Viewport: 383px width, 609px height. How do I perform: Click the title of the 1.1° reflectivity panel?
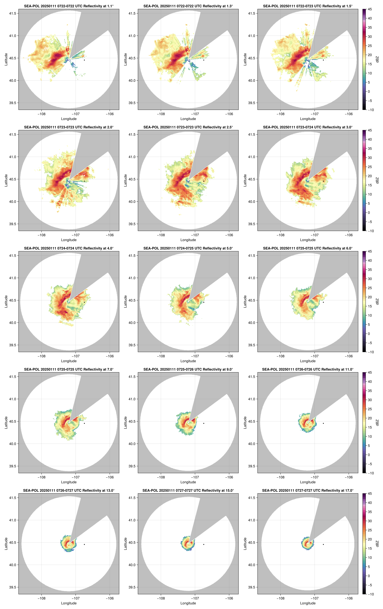click(69, 6)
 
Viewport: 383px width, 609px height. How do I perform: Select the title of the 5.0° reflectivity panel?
click(188, 248)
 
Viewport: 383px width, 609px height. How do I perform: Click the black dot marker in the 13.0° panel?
click(84, 544)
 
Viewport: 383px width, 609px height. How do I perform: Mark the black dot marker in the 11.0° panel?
click(323, 423)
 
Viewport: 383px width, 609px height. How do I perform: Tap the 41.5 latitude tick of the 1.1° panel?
click(13, 13)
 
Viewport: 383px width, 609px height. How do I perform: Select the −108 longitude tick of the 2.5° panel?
click(161, 235)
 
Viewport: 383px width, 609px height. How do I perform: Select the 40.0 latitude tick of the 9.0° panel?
click(132, 444)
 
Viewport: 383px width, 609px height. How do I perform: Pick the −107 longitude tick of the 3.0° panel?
click(314, 235)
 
